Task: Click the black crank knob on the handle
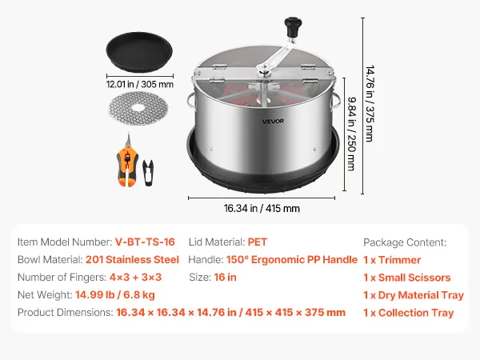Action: (293, 27)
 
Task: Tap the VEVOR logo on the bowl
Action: (273, 122)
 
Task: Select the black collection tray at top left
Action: (139, 52)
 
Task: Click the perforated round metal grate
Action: (138, 108)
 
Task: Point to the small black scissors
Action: (148, 172)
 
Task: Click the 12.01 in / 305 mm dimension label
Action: (140, 84)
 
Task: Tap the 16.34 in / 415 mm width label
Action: (262, 209)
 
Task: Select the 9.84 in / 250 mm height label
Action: (351, 134)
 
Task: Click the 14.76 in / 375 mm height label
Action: (370, 103)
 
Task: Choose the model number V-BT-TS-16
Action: (145, 242)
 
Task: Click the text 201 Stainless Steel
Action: (132, 259)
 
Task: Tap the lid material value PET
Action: (258, 242)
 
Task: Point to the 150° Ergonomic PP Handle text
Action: (292, 260)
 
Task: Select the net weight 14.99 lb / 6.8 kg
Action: (115, 294)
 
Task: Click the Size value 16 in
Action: (225, 278)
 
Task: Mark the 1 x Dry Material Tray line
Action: (414, 295)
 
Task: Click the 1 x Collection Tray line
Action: (408, 313)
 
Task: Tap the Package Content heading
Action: (405, 242)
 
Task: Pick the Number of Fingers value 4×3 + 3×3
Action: (135, 278)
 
